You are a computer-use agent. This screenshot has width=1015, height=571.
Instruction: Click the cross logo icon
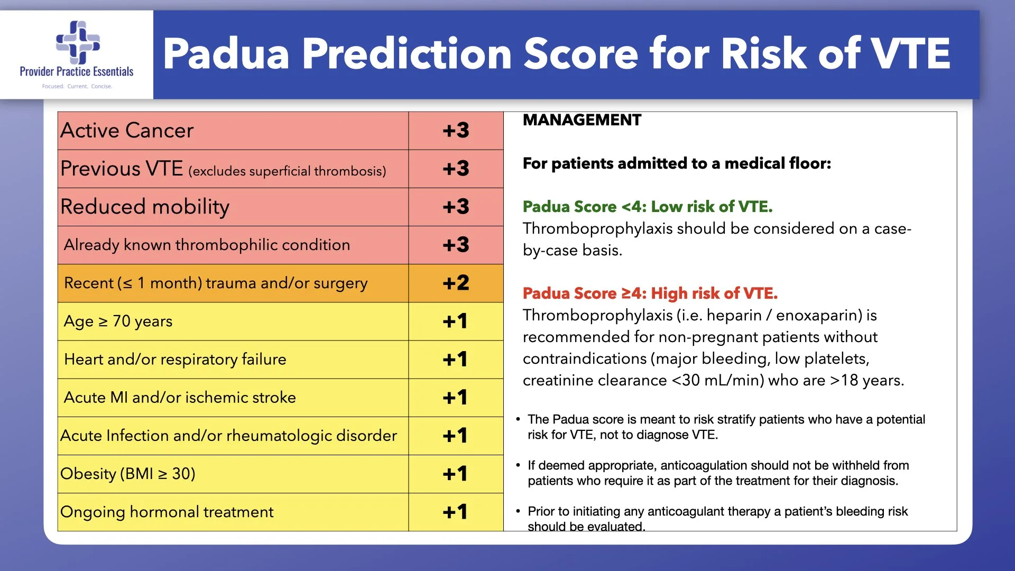pyautogui.click(x=78, y=42)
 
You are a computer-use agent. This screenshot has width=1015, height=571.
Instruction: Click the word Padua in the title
pyautogui.click(x=226, y=54)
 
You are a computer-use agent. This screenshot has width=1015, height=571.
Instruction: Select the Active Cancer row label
pyautogui.click(x=127, y=131)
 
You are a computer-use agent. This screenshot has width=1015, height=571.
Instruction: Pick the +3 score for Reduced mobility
pyautogui.click(x=456, y=207)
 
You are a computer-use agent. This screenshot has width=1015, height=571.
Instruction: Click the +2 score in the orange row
pyautogui.click(x=456, y=283)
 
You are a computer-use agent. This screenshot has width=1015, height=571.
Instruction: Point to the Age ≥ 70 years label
pyautogui.click(x=118, y=321)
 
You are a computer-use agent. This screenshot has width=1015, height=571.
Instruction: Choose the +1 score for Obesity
pyautogui.click(x=455, y=474)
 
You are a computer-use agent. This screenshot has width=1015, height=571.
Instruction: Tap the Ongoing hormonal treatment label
pyautogui.click(x=167, y=512)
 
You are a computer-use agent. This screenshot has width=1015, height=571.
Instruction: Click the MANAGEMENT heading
pyautogui.click(x=582, y=121)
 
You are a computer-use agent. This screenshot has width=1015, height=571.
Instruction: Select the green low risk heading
pyautogui.click(x=648, y=207)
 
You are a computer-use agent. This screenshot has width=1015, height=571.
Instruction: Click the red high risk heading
pyautogui.click(x=650, y=293)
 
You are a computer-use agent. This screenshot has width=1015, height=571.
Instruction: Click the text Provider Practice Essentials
pyautogui.click(x=77, y=72)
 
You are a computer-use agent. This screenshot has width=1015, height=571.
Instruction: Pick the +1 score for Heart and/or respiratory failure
pyautogui.click(x=455, y=360)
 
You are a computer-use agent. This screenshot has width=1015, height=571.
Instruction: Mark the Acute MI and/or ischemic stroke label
pyautogui.click(x=180, y=398)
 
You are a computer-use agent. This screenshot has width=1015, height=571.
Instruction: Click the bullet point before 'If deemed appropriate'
pyautogui.click(x=518, y=465)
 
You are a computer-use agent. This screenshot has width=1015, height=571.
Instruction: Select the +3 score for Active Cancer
pyautogui.click(x=456, y=131)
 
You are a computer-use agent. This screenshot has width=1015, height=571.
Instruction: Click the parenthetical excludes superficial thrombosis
pyautogui.click(x=287, y=171)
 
